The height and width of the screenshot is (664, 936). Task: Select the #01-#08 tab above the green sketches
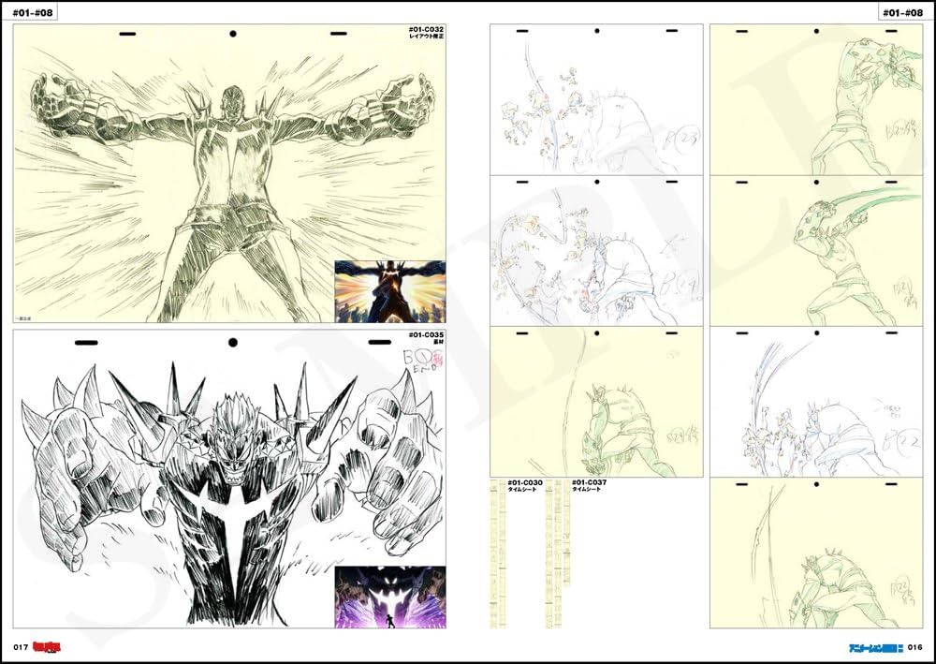tap(900, 12)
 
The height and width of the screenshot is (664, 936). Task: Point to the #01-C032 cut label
tap(427, 31)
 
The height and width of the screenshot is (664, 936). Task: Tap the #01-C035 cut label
tap(427, 335)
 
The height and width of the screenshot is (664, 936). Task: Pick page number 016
tap(914, 647)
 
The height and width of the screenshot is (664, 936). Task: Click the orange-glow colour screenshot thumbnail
tap(389, 291)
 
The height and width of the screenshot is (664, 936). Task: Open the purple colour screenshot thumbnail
tap(389, 597)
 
